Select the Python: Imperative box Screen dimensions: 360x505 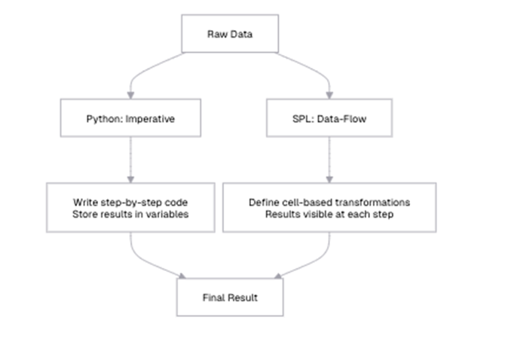(x=130, y=119)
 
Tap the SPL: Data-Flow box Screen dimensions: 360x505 (x=329, y=119)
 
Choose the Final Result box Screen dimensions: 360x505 (x=230, y=297)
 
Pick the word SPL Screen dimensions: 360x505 (x=299, y=119)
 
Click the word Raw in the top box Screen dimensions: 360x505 (x=217, y=34)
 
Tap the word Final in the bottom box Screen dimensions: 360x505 (x=214, y=297)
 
